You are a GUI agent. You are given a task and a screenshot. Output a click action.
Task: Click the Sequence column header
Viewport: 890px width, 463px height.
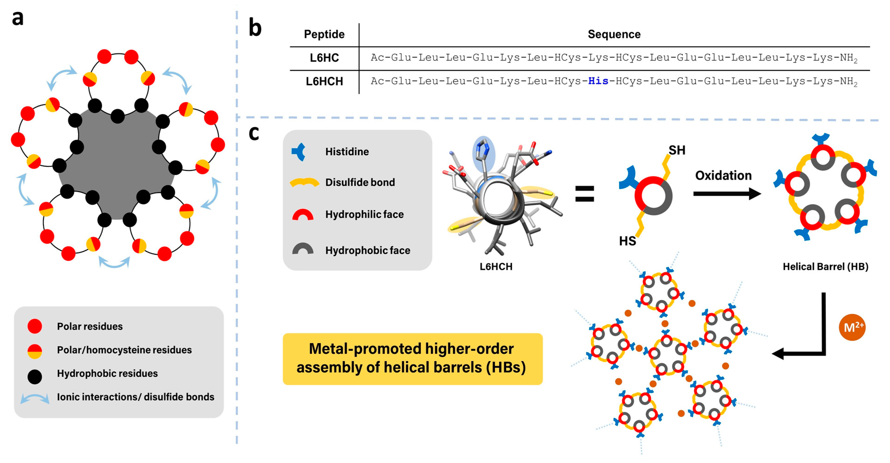614,34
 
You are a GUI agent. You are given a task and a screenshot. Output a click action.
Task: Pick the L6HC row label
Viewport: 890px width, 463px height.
324,58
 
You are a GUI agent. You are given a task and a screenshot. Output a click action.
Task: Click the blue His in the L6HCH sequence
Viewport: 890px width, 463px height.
598,81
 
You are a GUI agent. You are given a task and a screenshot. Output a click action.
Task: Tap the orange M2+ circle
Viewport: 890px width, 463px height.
852,327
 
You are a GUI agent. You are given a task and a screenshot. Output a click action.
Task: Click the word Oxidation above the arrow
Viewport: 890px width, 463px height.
723,175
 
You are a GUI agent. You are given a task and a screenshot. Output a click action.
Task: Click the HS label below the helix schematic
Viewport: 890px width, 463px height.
627,241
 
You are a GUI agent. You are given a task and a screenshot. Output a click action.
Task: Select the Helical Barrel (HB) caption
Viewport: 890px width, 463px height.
825,267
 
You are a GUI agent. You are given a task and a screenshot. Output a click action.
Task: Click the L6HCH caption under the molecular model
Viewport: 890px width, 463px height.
496,267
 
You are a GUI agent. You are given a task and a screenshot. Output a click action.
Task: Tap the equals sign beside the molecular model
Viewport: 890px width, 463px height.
584,194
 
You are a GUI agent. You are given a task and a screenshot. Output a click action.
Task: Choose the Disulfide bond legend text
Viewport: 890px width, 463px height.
360,182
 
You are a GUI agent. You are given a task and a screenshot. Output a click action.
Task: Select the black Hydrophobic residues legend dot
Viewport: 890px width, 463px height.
35,377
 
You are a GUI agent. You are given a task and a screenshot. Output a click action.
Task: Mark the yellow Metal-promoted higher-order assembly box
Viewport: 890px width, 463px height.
412,358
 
